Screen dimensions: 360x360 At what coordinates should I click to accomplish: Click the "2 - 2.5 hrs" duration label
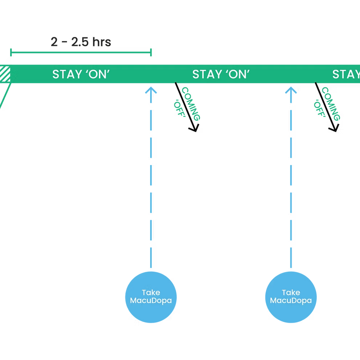click(x=81, y=42)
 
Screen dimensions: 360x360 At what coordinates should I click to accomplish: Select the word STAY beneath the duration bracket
click(x=67, y=74)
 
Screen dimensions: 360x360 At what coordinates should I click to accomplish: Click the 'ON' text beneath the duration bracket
click(x=97, y=74)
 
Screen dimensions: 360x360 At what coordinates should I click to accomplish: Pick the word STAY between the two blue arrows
click(x=207, y=74)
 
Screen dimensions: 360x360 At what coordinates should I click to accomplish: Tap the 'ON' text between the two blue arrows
click(x=237, y=74)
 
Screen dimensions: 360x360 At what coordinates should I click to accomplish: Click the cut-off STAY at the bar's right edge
click(x=346, y=74)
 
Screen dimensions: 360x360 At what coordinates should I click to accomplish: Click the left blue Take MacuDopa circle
click(x=151, y=297)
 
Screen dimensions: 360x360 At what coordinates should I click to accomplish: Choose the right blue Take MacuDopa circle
click(x=291, y=297)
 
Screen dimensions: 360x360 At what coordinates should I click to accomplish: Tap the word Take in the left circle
click(x=151, y=293)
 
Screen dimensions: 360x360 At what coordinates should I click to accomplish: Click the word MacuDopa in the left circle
click(x=151, y=301)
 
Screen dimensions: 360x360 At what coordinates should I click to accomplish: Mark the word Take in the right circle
click(x=291, y=293)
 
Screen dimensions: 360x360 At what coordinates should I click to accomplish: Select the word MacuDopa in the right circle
click(x=291, y=301)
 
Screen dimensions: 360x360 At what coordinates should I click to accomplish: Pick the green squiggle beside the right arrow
click(x=328, y=104)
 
